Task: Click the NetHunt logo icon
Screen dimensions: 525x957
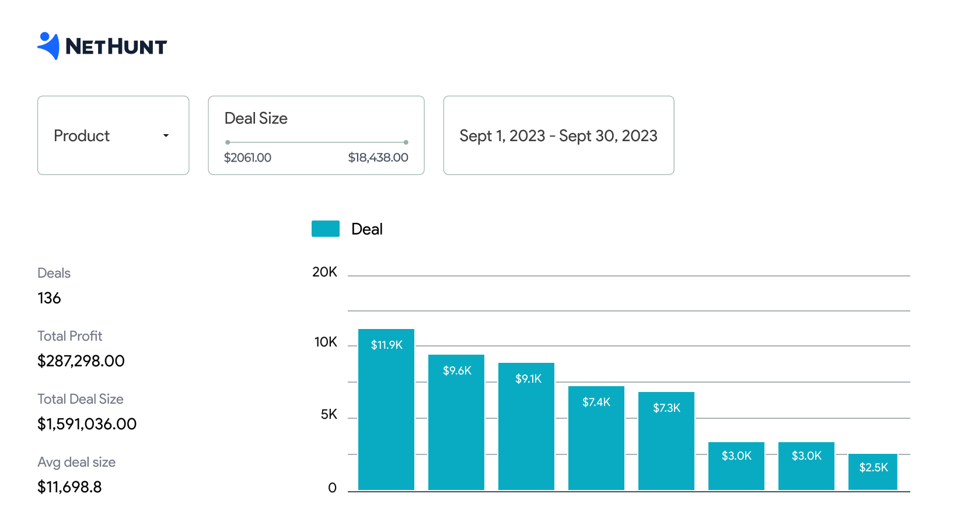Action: pos(49,45)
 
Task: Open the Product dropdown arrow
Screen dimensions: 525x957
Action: pos(166,135)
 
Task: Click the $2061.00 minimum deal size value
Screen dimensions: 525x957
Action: pos(247,157)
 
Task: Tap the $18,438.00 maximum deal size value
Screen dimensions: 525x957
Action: pos(378,157)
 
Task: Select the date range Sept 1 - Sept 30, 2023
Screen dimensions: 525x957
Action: pos(558,136)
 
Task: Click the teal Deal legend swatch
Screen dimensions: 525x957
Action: pos(326,229)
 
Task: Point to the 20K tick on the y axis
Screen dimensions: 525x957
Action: pos(324,272)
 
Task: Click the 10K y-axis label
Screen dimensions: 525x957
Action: pos(326,342)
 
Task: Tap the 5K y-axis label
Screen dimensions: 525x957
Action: pos(329,414)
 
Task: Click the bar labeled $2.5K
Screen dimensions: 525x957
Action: pos(873,473)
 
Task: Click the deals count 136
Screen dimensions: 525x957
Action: pos(49,298)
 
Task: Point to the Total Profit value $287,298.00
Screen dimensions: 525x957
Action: pos(81,361)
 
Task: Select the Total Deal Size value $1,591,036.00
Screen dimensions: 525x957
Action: pos(87,424)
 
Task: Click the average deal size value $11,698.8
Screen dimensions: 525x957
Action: pos(69,487)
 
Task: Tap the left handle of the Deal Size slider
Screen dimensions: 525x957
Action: pos(228,142)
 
